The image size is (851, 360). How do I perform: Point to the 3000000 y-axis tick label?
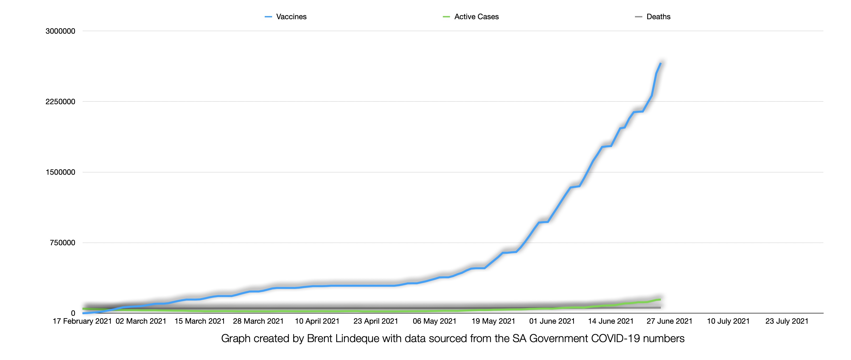(61, 31)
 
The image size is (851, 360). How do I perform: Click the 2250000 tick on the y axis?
(61, 101)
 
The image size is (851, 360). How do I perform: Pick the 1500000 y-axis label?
(61, 172)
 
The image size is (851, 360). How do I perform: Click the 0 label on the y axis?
(73, 313)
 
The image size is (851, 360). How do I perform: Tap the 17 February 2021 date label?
(82, 321)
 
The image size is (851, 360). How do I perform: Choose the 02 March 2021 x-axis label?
(141, 321)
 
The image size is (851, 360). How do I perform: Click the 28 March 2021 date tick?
(258, 321)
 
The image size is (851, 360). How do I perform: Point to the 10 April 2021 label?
(317, 321)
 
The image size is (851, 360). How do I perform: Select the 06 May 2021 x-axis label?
(434, 321)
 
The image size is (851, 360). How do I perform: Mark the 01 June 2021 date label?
(552, 321)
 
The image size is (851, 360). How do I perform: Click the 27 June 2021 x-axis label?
(669, 321)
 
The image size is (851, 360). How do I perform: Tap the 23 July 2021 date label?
(787, 321)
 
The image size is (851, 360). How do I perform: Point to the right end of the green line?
(660, 299)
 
